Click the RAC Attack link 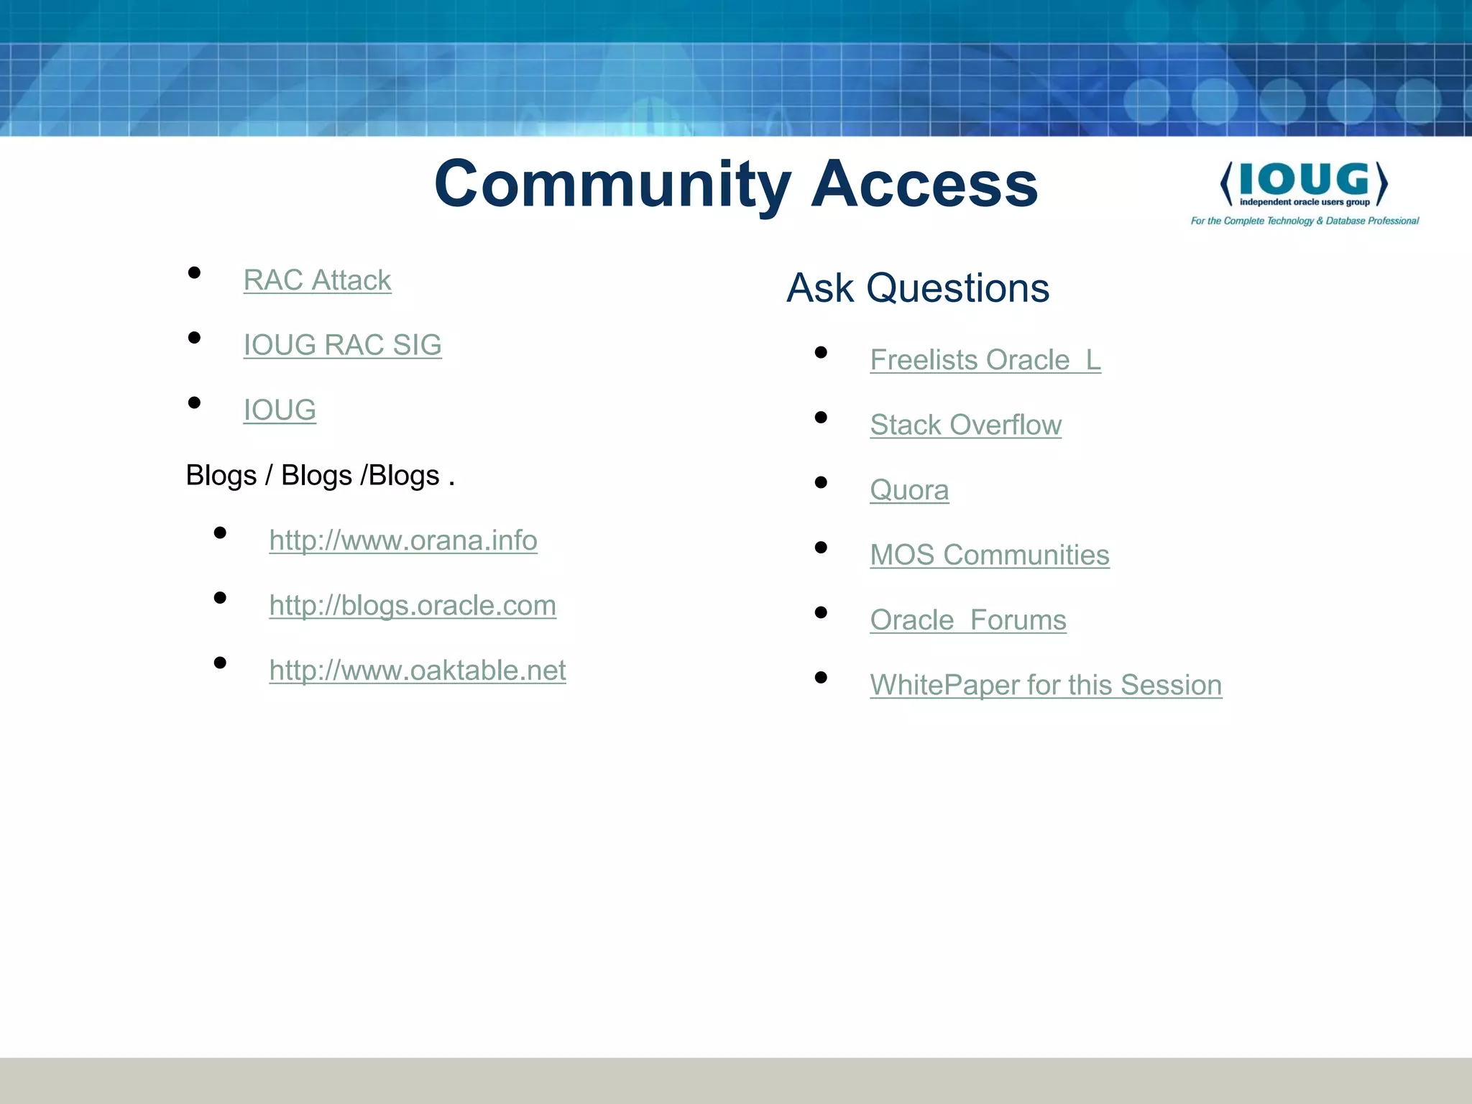(317, 280)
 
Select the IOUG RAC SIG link (342, 345)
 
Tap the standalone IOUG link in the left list (280, 410)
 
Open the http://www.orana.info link (403, 540)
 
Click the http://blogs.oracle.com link (413, 605)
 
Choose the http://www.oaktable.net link (418, 671)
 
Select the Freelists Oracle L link (985, 360)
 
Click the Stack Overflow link (965, 425)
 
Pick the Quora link (909, 490)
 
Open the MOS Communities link (989, 555)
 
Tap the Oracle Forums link (967, 620)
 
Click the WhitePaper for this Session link (1045, 685)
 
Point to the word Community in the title (612, 184)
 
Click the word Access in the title (924, 184)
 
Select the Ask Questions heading (918, 288)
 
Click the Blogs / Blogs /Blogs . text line (320, 476)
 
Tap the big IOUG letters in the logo (1304, 179)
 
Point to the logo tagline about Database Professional (1305, 221)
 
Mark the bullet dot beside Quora (821, 482)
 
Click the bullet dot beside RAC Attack (194, 272)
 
